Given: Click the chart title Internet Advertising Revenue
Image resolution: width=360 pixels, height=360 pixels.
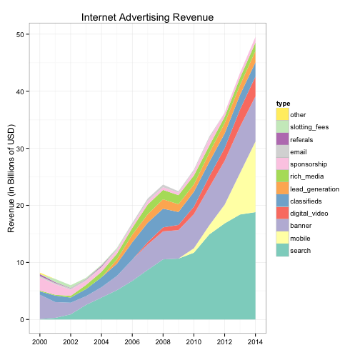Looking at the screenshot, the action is click(147, 17).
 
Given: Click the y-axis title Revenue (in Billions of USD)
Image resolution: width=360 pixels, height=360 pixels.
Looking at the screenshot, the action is click(11, 179).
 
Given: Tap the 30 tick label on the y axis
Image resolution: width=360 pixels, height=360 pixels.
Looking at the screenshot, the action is click(20, 149).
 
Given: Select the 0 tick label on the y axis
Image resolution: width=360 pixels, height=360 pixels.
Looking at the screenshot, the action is click(22, 320).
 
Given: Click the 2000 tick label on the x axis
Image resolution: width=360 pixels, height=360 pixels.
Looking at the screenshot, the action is click(40, 342).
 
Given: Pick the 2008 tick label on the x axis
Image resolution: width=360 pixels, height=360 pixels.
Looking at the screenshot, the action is click(163, 342).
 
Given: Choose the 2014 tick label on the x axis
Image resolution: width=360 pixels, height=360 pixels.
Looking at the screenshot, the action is click(255, 342).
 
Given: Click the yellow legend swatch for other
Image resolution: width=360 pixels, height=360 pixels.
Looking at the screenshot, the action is click(283, 114).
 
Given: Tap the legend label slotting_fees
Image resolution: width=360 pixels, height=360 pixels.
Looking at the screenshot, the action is click(309, 127).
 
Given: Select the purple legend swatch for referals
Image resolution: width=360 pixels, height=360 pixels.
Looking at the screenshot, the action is click(283, 139).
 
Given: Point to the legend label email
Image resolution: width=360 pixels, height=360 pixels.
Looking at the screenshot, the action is click(299, 152).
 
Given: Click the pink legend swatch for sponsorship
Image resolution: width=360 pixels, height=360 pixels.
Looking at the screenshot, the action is click(283, 164).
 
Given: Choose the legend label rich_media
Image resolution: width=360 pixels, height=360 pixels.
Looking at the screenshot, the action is click(307, 176).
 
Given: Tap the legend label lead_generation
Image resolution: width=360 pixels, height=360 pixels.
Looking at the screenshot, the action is click(314, 189).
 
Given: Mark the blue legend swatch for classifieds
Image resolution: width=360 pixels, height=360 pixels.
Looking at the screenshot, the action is click(283, 201).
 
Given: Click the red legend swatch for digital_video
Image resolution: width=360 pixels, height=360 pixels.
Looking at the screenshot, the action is click(283, 213).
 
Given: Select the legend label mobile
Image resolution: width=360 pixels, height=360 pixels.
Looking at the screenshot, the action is click(300, 239).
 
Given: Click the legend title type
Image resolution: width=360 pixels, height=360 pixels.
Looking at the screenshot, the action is click(283, 104).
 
